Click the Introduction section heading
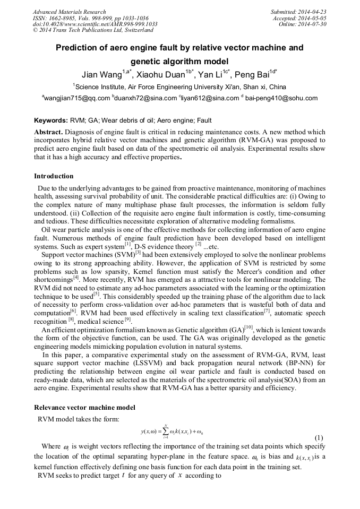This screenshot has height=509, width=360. pyautogui.click(x=54, y=176)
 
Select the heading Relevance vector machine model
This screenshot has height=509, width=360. pyautogui.click(x=84, y=408)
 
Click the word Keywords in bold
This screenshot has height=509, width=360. pyautogui.click(x=50, y=121)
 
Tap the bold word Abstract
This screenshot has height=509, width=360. pyautogui.click(x=48, y=131)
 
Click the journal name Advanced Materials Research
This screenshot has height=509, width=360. pyautogui.click(x=69, y=12)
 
